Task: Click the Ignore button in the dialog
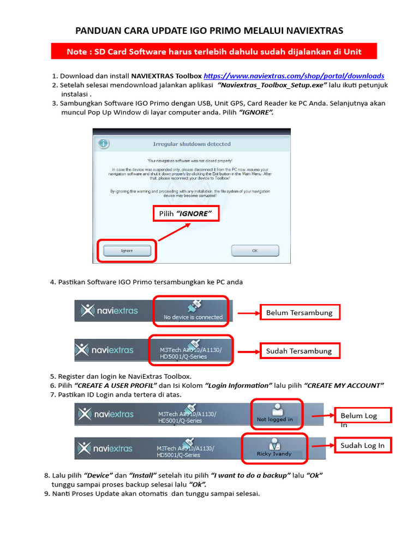pyautogui.click(x=126, y=251)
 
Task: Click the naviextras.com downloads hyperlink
pyautogui.click(x=294, y=76)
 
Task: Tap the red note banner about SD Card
pyautogui.click(x=213, y=52)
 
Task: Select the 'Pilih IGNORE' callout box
pyautogui.click(x=185, y=214)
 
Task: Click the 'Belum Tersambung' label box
pyautogui.click(x=300, y=313)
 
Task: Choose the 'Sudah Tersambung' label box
pyautogui.click(x=299, y=351)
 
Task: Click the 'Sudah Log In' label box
pyautogui.click(x=362, y=446)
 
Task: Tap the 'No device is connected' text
pyautogui.click(x=193, y=317)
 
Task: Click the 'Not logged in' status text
pyautogui.click(x=274, y=420)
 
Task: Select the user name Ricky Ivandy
pyautogui.click(x=274, y=453)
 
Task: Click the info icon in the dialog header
pyautogui.click(x=103, y=143)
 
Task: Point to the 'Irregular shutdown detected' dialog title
pyautogui.click(x=191, y=144)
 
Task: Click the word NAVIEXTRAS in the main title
pyautogui.click(x=309, y=31)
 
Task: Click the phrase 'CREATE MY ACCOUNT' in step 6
pyautogui.click(x=344, y=385)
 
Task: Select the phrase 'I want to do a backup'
pyautogui.click(x=250, y=475)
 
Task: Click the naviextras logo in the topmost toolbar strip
pyautogui.click(x=109, y=311)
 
